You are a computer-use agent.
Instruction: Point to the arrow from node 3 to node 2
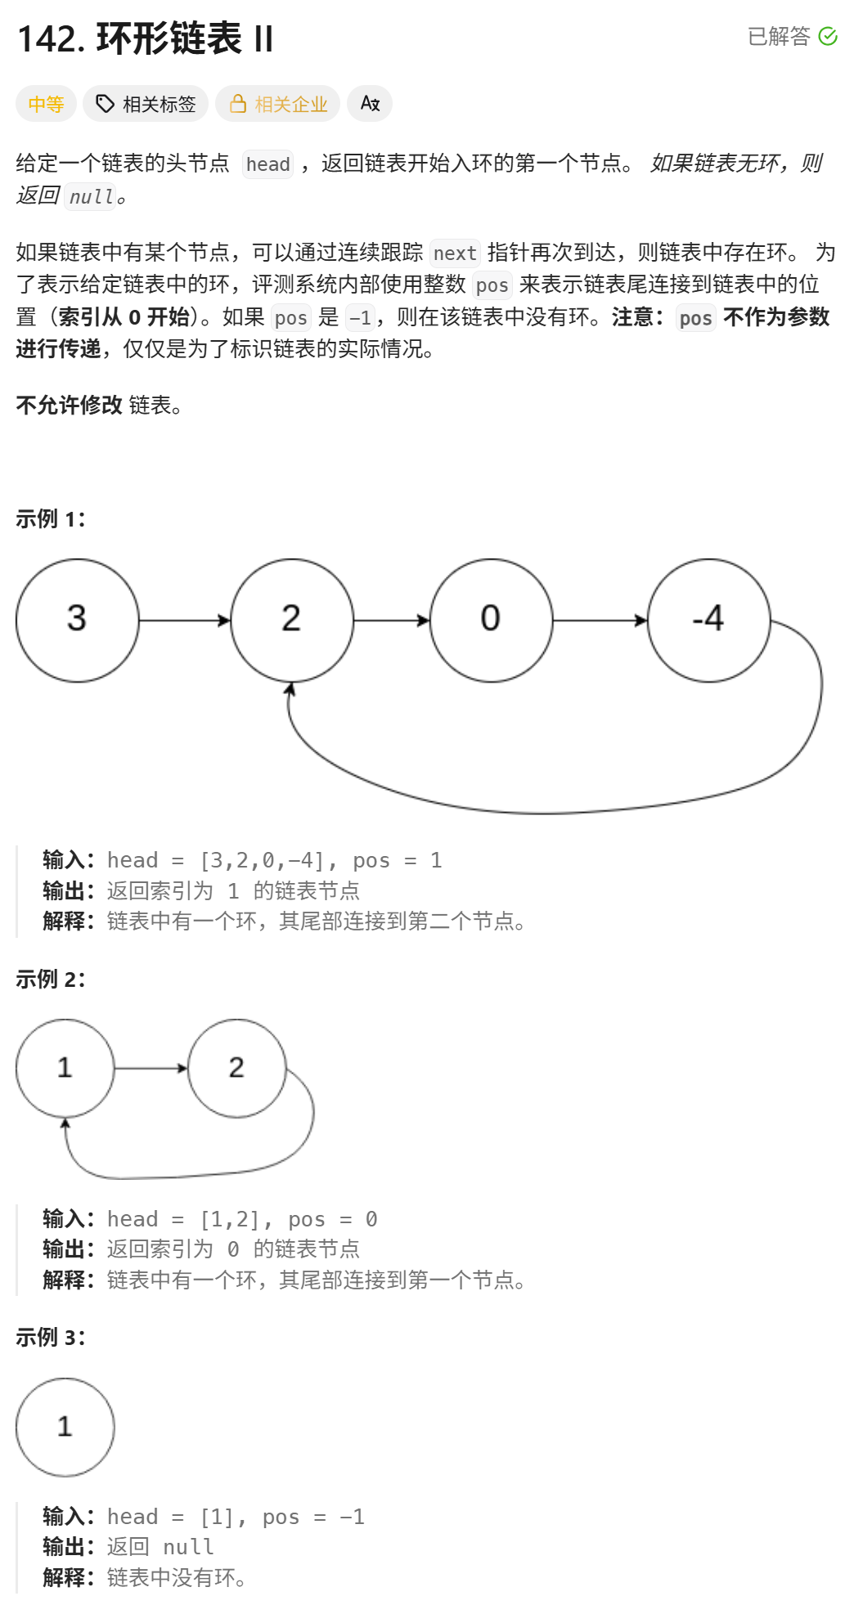185,621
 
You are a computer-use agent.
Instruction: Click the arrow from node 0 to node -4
600,621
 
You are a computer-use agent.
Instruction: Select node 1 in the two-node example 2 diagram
65,1068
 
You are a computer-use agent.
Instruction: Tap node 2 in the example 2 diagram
237,1068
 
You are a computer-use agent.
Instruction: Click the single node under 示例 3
65,1427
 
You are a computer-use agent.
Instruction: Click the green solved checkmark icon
828,37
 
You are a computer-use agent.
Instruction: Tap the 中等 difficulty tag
46,105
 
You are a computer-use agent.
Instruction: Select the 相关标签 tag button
146,105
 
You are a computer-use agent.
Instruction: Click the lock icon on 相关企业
238,104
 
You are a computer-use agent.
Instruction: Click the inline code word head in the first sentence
268,164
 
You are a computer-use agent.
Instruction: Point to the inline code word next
455,253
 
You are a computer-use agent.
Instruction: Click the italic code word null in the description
91,197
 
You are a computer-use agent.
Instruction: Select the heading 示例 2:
51,979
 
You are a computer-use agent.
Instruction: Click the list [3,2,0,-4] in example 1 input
263,860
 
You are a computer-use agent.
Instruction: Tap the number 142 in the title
51,39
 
